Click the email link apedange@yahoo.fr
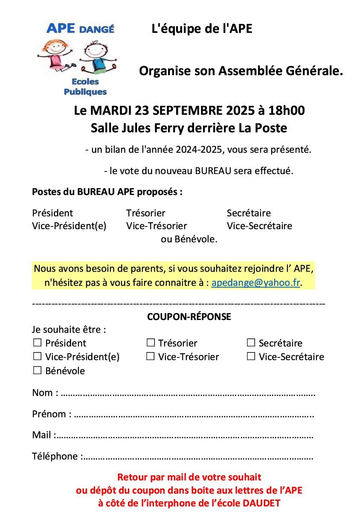[255, 283]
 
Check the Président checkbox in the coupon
[38, 343]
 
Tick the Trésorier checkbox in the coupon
[151, 343]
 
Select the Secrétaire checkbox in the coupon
[251, 343]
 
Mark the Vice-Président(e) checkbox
[38, 356]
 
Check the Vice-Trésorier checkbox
[151, 356]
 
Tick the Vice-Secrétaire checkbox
[251, 356]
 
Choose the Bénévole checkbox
[38, 370]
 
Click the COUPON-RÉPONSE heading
[189, 317]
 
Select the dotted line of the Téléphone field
[197, 457]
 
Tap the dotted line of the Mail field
[184, 436]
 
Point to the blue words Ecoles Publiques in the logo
[85, 87]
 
